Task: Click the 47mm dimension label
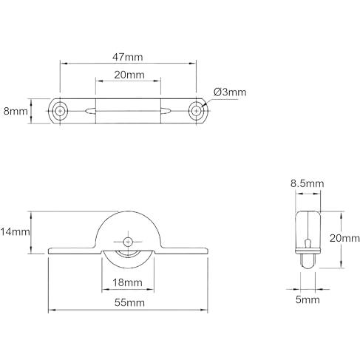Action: click(128, 57)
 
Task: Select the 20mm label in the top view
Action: click(129, 75)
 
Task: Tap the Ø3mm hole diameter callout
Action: click(230, 92)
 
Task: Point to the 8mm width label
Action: click(16, 112)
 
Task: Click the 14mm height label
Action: click(15, 232)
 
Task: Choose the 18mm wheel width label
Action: click(127, 282)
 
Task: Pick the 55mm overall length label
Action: click(129, 302)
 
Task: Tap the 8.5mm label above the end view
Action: click(307, 183)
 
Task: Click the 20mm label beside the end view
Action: click(344, 238)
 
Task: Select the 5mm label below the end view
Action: click(308, 299)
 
